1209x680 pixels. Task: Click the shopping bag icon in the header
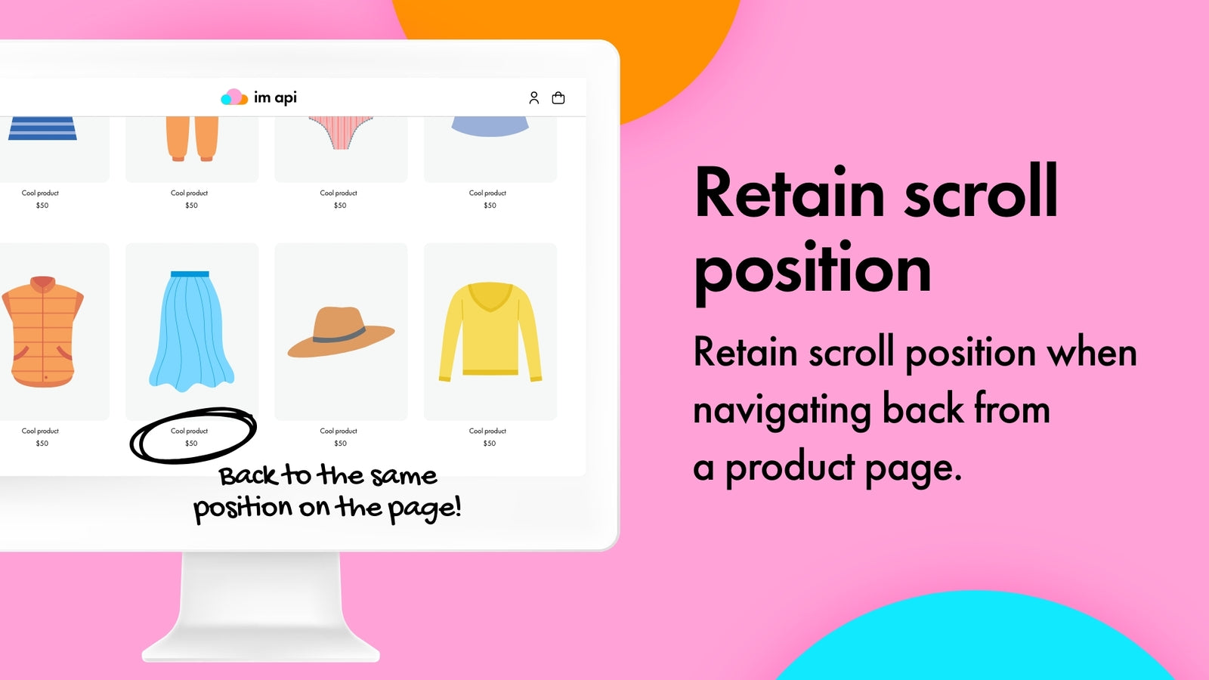558,97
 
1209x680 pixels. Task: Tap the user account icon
533,97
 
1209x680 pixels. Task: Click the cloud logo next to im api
234,97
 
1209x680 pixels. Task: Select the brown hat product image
341,332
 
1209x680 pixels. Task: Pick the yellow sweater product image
490,332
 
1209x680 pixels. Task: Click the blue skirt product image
192,332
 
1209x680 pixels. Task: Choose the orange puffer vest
42,332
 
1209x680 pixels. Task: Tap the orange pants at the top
192,139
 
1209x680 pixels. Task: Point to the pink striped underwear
341,133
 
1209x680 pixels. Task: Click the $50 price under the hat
340,443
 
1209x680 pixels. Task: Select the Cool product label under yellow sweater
487,431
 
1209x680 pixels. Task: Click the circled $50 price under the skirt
192,443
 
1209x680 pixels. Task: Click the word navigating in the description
782,411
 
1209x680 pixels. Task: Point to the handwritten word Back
249,476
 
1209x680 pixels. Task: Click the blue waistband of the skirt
190,274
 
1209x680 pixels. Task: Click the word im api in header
275,97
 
